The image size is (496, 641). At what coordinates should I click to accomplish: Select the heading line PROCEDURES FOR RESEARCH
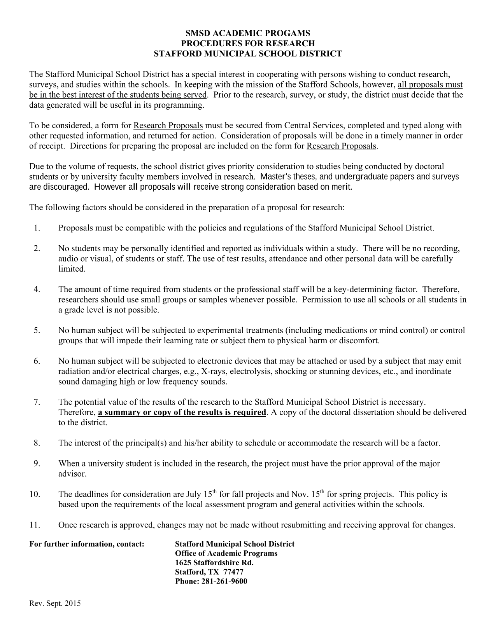[x=248, y=43]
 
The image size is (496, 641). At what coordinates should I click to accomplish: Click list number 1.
[x=37, y=228]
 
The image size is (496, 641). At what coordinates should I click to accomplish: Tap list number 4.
[x=37, y=289]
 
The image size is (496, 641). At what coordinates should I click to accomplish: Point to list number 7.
[x=37, y=402]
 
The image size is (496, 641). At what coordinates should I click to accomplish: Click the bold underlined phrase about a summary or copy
[x=182, y=412]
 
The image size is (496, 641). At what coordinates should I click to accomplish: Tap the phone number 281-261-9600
[x=224, y=581]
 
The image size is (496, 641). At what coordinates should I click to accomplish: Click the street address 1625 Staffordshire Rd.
[x=214, y=562]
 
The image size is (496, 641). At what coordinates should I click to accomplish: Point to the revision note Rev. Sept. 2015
[x=55, y=604]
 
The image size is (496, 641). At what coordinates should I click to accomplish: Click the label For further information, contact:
[x=87, y=544]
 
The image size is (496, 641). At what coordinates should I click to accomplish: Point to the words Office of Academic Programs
[x=226, y=553]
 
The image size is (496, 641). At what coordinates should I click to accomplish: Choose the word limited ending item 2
[x=71, y=269]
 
